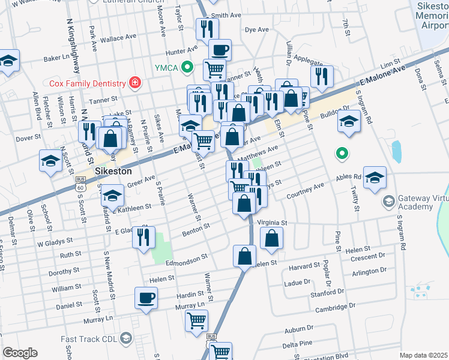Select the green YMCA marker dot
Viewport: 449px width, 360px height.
coord(188,67)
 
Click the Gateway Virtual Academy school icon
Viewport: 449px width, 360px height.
coord(388,200)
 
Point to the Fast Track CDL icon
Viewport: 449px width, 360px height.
coord(125,338)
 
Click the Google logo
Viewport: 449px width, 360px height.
coord(20,353)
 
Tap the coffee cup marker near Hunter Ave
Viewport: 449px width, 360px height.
coord(220,49)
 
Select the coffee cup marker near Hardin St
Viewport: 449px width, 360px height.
coord(146,297)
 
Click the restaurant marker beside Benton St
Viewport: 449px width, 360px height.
coord(143,235)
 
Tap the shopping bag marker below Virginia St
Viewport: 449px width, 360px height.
coord(272,237)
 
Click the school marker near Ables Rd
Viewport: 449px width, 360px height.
coord(375,177)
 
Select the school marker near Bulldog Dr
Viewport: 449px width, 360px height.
coord(349,121)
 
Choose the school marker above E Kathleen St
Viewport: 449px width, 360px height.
coord(112,195)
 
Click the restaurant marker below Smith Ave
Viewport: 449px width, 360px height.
coord(207,28)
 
